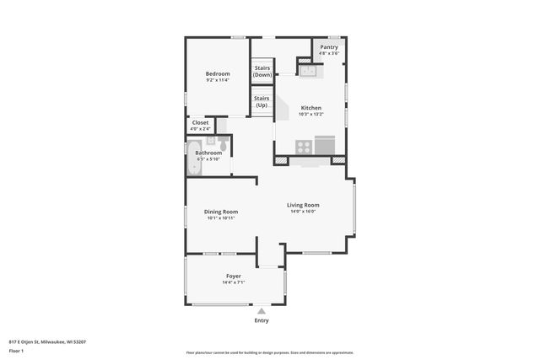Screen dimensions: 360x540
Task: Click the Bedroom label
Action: (218, 74)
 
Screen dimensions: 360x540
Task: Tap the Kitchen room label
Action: (311, 107)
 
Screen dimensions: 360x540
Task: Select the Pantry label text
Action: (329, 47)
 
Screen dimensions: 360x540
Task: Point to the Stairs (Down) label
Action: (262, 73)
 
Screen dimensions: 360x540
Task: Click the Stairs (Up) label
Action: (262, 101)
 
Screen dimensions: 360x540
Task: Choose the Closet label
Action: (200, 122)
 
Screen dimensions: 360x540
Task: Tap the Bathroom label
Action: (208, 153)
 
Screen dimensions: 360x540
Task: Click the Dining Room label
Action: (221, 212)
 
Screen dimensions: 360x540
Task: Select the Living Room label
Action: (302, 205)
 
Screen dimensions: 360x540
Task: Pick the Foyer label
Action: (233, 276)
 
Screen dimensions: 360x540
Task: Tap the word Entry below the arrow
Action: (262, 320)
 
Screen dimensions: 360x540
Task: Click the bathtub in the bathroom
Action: (194, 157)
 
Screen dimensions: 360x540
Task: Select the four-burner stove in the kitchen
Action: (302, 148)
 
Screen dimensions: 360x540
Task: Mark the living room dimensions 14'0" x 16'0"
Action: (302, 212)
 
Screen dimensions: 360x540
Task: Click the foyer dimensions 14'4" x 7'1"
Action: (233, 282)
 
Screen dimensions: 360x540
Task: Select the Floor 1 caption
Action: (16, 350)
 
